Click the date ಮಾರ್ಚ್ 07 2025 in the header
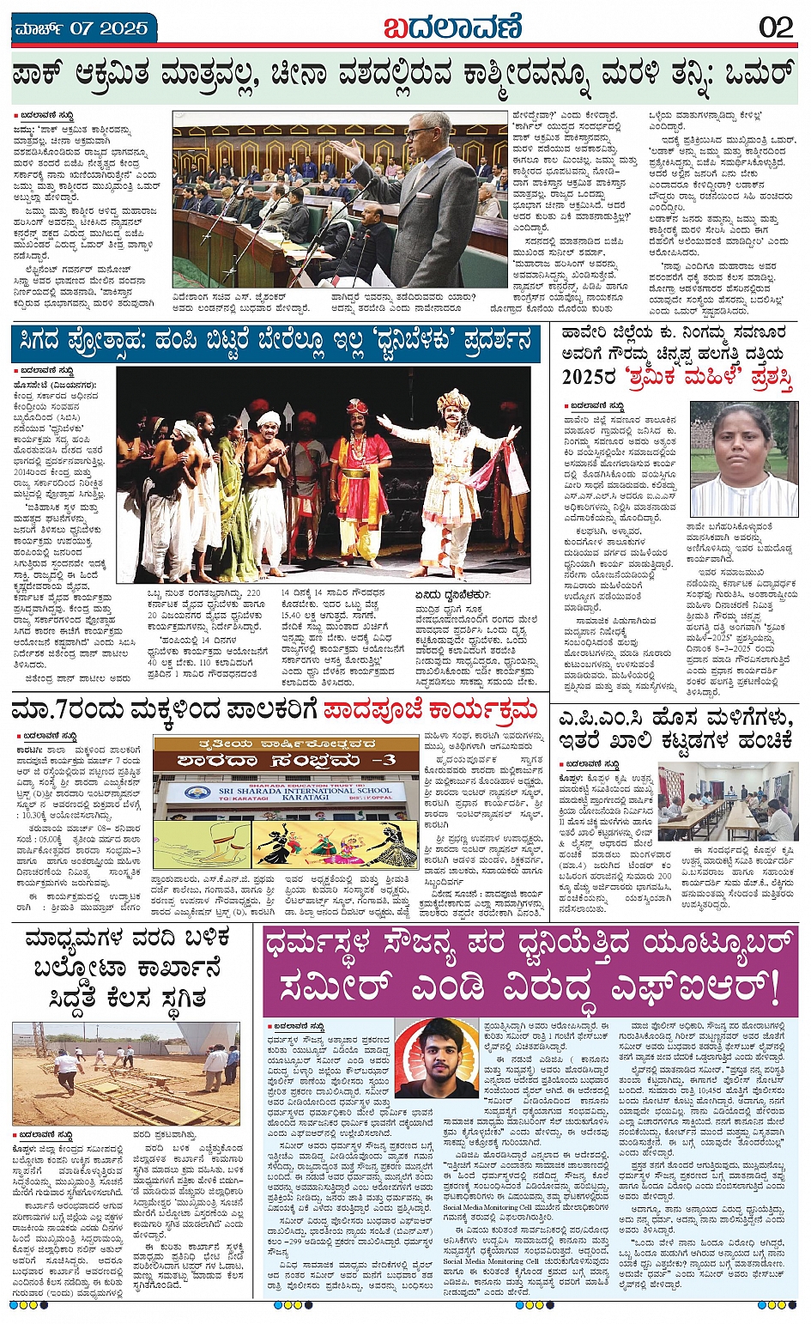tap(82, 28)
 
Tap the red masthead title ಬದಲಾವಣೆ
tap(452, 27)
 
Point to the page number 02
tap(776, 27)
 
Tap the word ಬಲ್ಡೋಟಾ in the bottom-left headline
tap(78, 968)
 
